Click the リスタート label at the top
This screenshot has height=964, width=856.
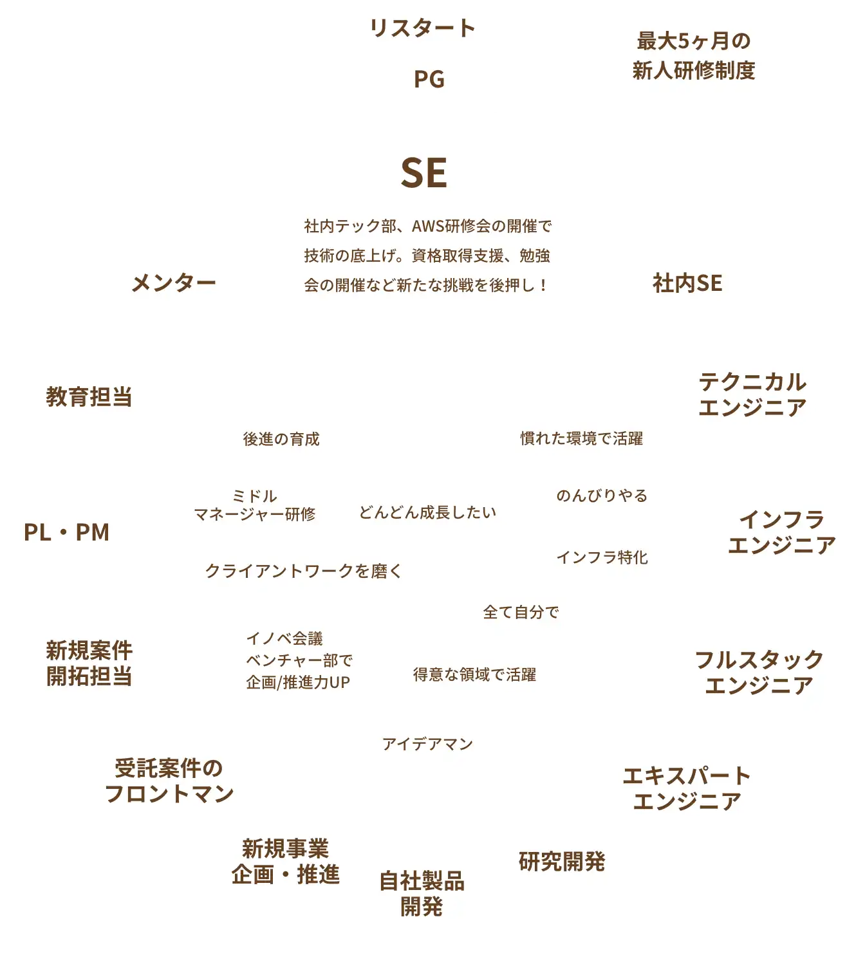tap(423, 28)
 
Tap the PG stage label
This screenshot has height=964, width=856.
tap(429, 80)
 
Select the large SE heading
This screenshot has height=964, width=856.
tap(423, 172)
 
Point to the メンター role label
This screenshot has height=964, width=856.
tap(173, 283)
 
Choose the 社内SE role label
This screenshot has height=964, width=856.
tap(687, 283)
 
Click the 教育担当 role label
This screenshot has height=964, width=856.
tap(89, 396)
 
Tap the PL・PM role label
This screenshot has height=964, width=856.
tap(66, 532)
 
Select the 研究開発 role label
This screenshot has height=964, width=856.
tap(562, 861)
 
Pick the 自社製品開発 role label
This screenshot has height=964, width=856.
tap(422, 893)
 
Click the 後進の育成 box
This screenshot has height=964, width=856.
tap(281, 439)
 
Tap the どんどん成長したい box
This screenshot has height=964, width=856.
tap(427, 512)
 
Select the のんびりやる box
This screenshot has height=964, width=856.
tap(602, 496)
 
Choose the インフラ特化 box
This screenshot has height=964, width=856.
tap(602, 557)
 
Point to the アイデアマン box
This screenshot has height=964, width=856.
tap(427, 745)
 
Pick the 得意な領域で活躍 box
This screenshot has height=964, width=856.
tap(475, 674)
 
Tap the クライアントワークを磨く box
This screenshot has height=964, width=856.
tap(302, 571)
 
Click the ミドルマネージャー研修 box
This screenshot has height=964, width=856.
tap(254, 505)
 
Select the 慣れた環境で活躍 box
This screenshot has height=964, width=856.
tap(581, 439)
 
